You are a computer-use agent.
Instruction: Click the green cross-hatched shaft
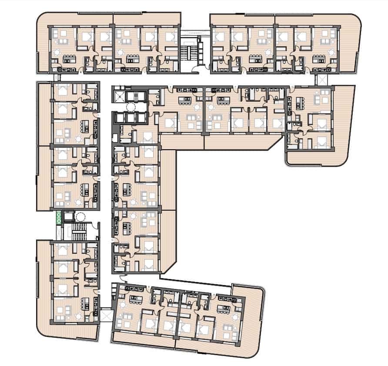coord(58,217)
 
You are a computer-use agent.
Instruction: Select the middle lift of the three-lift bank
coord(129,118)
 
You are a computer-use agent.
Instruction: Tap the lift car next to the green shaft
coord(68,216)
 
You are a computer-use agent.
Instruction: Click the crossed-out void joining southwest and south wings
coord(106,314)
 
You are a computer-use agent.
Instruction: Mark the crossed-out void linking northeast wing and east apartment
coord(322,80)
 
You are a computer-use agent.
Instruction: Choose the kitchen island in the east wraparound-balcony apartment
coord(300,103)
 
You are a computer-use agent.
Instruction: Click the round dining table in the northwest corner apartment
coord(57,53)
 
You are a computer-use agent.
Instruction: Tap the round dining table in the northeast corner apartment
coord(331,53)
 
